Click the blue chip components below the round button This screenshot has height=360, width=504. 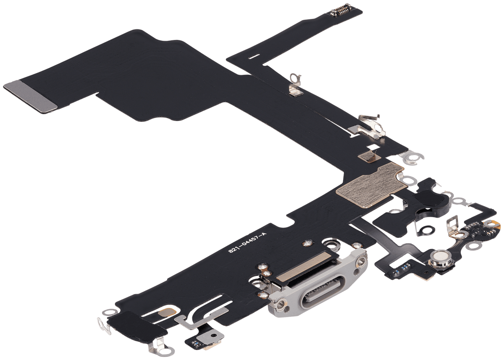[x=401, y=267]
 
